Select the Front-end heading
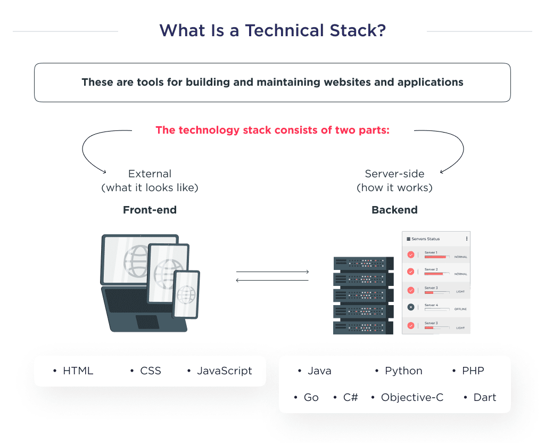click(150, 210)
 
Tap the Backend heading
click(394, 210)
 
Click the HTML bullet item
click(78, 371)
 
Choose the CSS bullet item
click(151, 371)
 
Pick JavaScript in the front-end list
click(224, 371)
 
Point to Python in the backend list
click(403, 371)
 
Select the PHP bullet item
click(473, 371)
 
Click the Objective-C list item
click(412, 398)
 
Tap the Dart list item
click(484, 398)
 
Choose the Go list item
click(311, 398)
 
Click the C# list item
click(350, 398)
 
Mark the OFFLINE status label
click(460, 309)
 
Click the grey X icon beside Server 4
click(411, 307)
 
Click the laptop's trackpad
click(147, 322)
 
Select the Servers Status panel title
click(426, 239)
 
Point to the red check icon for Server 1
click(411, 255)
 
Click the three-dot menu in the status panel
click(467, 239)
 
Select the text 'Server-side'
click(394, 174)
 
